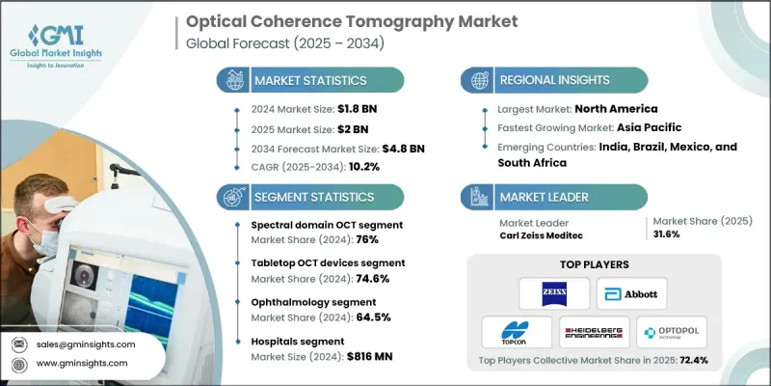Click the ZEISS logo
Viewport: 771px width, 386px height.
click(547, 291)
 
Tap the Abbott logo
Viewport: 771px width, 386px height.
click(631, 292)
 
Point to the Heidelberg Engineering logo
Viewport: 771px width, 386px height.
click(594, 331)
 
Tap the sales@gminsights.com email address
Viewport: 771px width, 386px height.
click(87, 344)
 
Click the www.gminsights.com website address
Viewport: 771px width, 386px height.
click(86, 364)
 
